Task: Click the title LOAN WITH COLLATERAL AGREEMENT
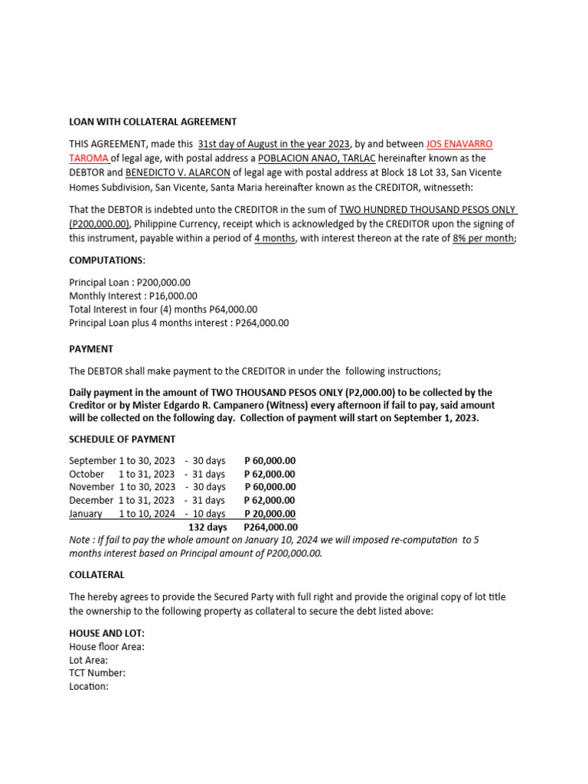[152, 122]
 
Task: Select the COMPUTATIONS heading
[106, 260]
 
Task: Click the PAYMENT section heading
[91, 349]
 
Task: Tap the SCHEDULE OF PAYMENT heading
[122, 439]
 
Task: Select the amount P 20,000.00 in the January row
[269, 514]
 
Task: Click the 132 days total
[207, 528]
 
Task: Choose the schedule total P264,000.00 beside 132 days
[270, 528]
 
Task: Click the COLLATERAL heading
[96, 574]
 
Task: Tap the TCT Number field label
[97, 673]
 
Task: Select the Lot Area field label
[88, 660]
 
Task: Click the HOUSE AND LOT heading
[106, 633]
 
